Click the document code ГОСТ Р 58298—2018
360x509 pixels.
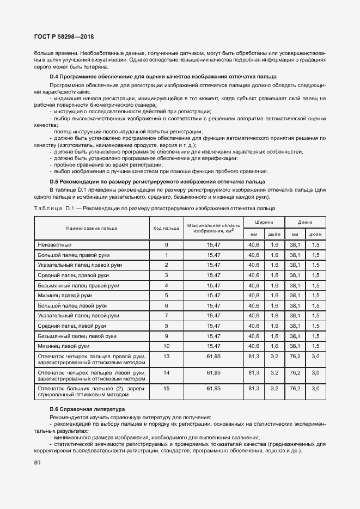[64, 36]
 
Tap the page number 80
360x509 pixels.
[37, 463]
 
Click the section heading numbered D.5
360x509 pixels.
[157, 181]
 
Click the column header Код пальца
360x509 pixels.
[166, 228]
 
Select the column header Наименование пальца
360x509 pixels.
[91, 228]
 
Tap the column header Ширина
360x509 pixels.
[263, 222]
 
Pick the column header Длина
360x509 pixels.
[305, 222]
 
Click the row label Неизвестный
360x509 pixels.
[54, 245]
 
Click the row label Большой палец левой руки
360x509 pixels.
[72, 305]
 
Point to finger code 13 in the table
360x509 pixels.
[166, 356]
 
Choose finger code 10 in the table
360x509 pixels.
[166, 346]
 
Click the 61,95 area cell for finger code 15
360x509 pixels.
[213, 388]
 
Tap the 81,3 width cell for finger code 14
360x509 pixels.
[254, 372]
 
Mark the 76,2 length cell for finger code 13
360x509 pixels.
[295, 356]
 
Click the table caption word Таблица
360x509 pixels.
[48, 208]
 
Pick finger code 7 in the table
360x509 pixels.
[166, 315]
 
